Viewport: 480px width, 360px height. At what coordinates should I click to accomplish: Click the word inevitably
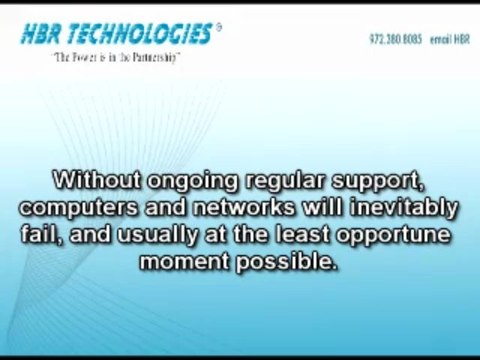coord(392,210)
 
